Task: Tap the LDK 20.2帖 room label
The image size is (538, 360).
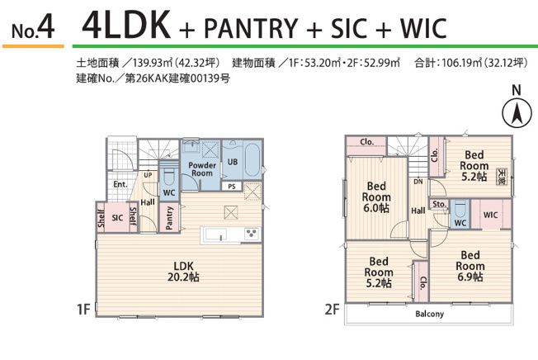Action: pyautogui.click(x=183, y=271)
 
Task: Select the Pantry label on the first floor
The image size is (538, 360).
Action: pyautogui.click(x=169, y=218)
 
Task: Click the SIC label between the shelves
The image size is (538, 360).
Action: pyautogui.click(x=117, y=218)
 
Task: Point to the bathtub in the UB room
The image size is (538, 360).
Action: pyautogui.click(x=252, y=161)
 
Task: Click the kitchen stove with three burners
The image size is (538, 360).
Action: pyautogui.click(x=252, y=234)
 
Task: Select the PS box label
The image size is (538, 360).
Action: pyautogui.click(x=232, y=187)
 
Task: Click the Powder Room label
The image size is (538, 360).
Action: pyautogui.click(x=202, y=168)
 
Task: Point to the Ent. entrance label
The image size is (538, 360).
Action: pyautogui.click(x=120, y=184)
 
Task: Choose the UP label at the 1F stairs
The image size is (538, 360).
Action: pyautogui.click(x=148, y=175)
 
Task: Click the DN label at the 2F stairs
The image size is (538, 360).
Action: pyautogui.click(x=418, y=182)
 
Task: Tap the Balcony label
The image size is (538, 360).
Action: pyautogui.click(x=430, y=314)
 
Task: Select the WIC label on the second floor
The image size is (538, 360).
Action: pyautogui.click(x=490, y=216)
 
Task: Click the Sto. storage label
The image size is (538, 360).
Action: pyautogui.click(x=439, y=204)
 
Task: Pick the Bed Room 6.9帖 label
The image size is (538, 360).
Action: pyautogui.click(x=470, y=266)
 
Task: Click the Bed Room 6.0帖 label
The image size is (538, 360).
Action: pyautogui.click(x=376, y=197)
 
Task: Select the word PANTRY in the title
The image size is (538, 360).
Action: pyautogui.click(x=251, y=28)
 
